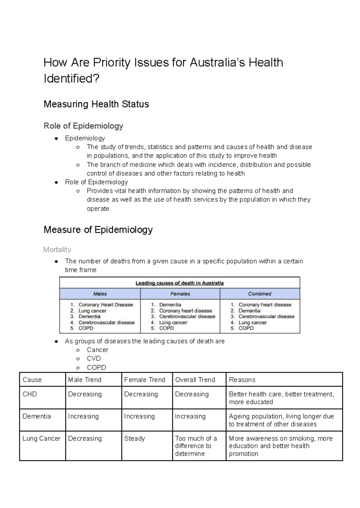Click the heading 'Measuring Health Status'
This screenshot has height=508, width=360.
point(96,104)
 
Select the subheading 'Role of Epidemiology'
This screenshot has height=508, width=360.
point(83,126)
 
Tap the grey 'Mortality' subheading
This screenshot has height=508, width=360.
point(57,250)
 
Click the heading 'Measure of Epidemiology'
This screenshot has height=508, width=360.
point(98,230)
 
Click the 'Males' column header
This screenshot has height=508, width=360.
point(100,294)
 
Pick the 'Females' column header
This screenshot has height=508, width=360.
point(180,294)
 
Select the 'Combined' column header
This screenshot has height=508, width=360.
point(259,294)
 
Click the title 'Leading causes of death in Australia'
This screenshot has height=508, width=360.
point(179,283)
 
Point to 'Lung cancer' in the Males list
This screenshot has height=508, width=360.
point(92,311)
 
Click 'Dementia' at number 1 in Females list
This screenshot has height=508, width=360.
point(170,305)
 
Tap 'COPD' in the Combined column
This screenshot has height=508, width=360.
point(246,328)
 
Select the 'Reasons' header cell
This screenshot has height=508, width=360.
point(242,380)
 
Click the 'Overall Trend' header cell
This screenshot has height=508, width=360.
point(195,380)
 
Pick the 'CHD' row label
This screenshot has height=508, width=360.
point(30,394)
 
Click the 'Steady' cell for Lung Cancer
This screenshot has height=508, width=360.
point(134,438)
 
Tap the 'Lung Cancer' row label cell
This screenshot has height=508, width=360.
point(41,438)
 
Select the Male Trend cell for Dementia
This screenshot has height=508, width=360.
point(83,416)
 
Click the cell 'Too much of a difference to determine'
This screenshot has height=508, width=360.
point(196,446)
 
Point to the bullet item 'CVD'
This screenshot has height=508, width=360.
point(94,358)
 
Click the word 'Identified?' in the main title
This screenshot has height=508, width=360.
point(71,79)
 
